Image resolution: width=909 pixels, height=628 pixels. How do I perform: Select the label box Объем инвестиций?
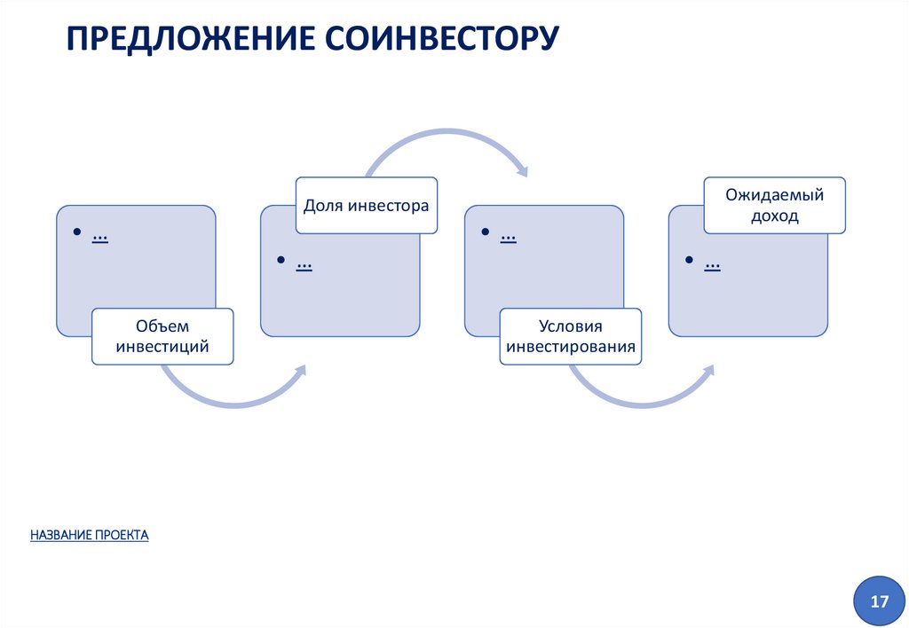tap(162, 336)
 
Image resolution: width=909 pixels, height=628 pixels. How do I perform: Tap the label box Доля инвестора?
tap(366, 206)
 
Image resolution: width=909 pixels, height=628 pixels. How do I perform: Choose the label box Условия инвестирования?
tap(571, 336)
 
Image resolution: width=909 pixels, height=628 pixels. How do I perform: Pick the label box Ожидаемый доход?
tap(774, 205)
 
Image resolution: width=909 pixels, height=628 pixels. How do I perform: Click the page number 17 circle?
tap(879, 602)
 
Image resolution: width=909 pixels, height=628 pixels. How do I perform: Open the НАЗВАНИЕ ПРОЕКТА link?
tap(89, 535)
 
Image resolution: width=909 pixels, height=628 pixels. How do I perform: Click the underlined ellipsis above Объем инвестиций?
tap(99, 237)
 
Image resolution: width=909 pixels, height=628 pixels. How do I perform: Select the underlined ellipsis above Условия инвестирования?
tap(509, 237)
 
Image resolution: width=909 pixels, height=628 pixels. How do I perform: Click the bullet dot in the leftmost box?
tap(77, 232)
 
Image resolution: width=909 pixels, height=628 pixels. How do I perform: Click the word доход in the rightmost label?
tap(774, 216)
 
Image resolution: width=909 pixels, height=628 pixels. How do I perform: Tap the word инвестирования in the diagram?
tap(571, 347)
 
